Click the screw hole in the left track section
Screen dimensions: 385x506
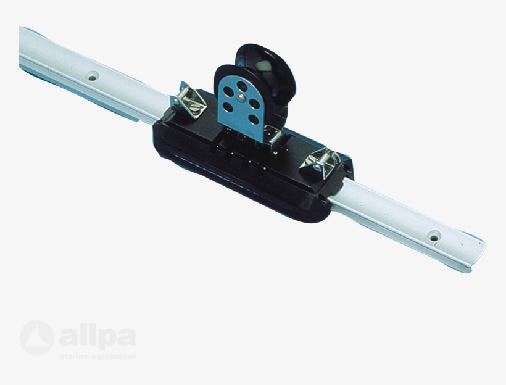[x=93, y=77]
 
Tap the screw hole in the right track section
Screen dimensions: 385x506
[x=434, y=236]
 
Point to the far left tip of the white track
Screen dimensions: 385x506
[x=22, y=43]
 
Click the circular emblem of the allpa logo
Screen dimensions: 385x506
[x=36, y=337]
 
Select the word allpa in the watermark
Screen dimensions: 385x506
[x=97, y=338]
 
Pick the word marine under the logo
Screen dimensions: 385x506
[x=74, y=356]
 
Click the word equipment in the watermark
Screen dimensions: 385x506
[x=114, y=356]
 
